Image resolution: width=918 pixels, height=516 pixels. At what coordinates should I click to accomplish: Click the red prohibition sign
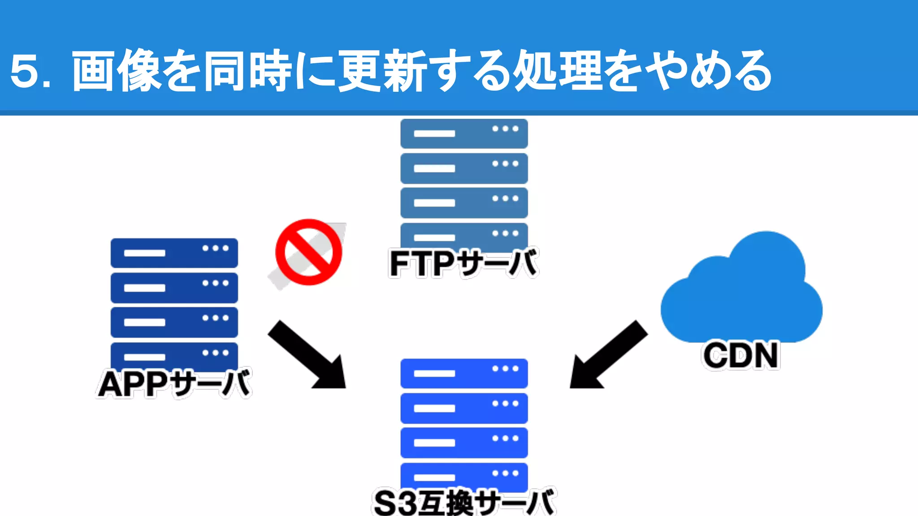point(308,252)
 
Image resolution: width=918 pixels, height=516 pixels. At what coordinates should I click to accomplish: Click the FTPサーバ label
point(463,263)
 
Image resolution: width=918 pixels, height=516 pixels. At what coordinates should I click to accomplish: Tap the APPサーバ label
point(174,384)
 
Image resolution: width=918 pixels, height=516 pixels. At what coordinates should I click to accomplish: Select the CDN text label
point(740,355)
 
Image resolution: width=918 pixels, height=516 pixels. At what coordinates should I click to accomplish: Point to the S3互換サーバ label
point(464,503)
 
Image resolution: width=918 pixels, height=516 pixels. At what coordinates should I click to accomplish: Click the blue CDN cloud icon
point(741,291)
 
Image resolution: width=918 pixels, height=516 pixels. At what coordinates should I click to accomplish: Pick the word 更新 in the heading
point(381,71)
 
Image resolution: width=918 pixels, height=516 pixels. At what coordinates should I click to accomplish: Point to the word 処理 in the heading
point(558,71)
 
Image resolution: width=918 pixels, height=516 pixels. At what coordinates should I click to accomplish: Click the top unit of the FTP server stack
point(464,133)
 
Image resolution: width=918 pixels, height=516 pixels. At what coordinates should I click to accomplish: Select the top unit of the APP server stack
point(174,253)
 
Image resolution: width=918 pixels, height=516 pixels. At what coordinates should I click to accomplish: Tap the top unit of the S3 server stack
point(464,374)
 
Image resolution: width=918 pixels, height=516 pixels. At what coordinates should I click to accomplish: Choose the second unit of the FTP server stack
point(464,168)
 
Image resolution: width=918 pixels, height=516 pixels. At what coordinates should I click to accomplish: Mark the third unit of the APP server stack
point(174,322)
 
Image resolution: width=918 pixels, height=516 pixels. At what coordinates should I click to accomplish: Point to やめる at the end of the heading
point(710,71)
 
